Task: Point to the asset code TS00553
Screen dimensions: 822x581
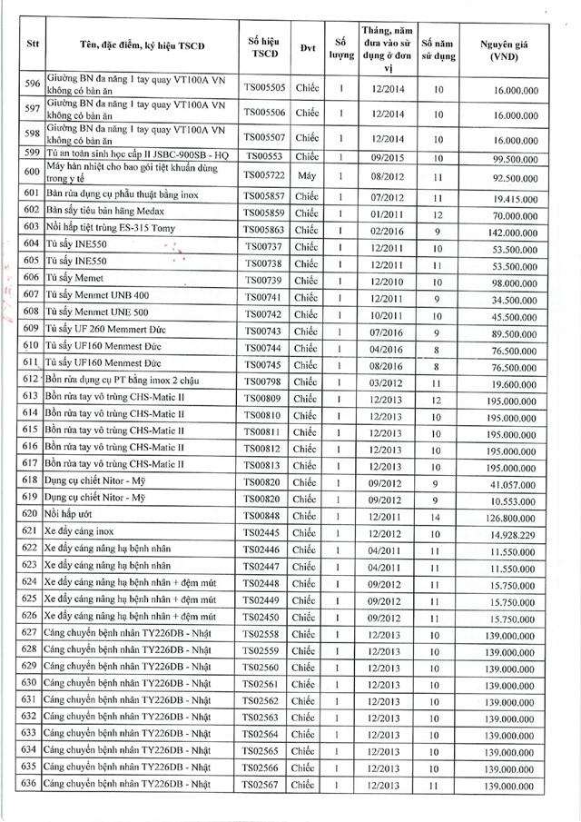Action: coord(263,156)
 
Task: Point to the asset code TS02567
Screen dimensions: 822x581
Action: coord(263,785)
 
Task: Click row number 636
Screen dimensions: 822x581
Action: coord(29,785)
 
